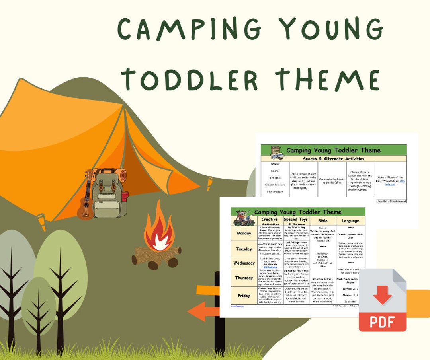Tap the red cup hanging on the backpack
tap(124, 196)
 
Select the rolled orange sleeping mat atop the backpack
tap(116, 175)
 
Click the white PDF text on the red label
tap(382, 321)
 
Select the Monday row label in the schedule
tap(244, 233)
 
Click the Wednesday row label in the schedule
tap(244, 263)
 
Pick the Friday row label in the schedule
tap(244, 296)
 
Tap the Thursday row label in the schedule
tap(244, 278)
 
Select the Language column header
tap(350, 221)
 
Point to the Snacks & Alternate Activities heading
tap(333, 159)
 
